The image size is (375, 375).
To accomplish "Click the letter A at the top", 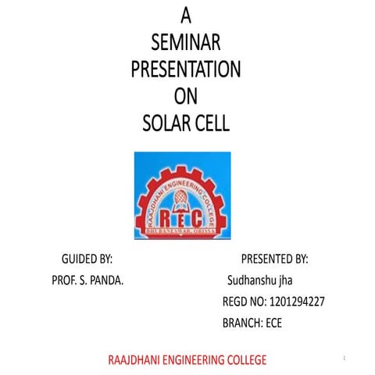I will click(185, 14).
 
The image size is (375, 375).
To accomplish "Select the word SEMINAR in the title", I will click(185, 41).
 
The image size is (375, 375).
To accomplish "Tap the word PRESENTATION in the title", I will click(185, 69).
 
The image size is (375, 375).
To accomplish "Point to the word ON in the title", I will click(185, 96).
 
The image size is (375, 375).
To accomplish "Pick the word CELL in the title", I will click(210, 123).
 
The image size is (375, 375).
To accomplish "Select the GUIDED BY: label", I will click(87, 259).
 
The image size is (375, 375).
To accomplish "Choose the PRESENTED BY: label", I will click(274, 259).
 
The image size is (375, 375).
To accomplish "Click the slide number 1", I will click(344, 357).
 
